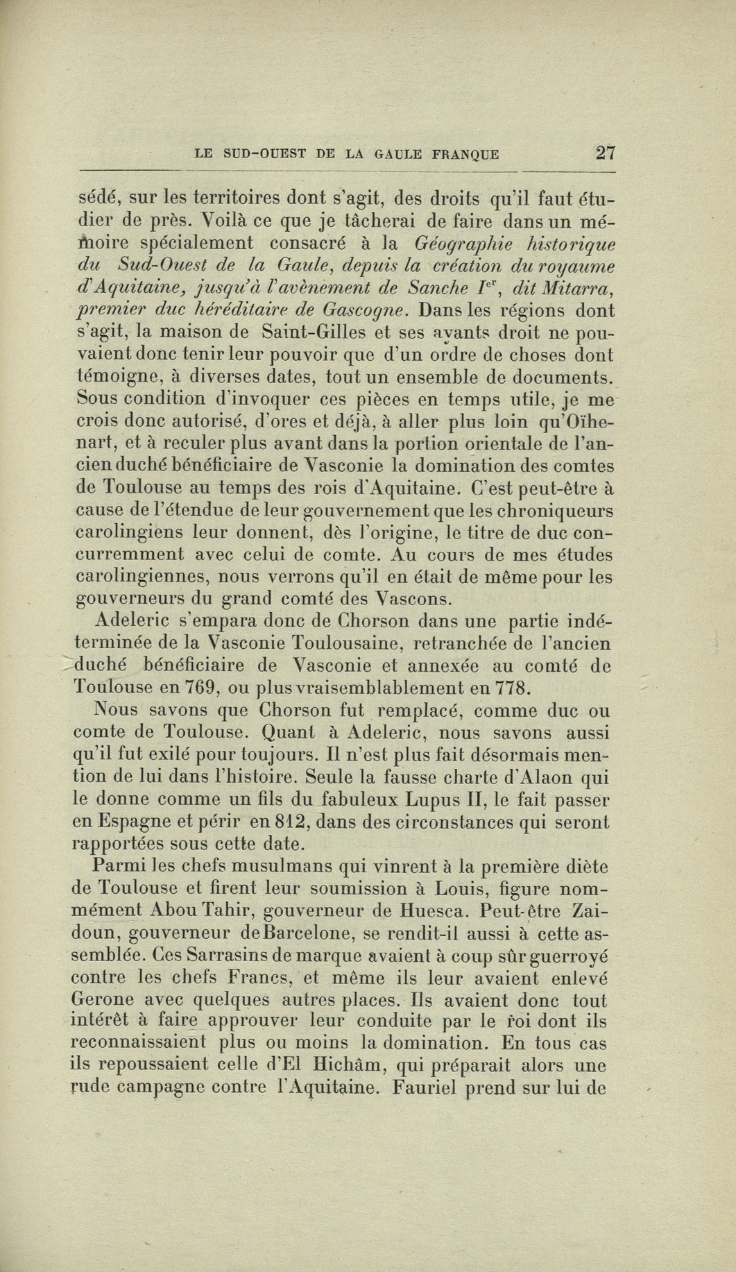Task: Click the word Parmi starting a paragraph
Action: coord(116,866)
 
